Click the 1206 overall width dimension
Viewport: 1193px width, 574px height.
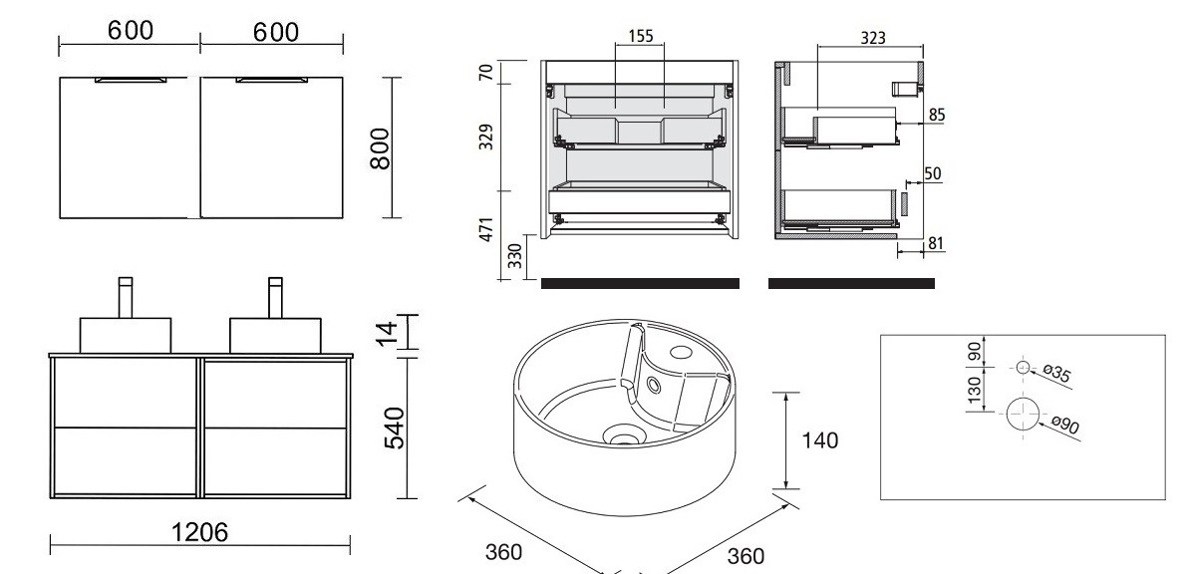[200, 532]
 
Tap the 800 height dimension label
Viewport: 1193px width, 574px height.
[380, 149]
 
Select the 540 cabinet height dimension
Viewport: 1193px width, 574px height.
[394, 429]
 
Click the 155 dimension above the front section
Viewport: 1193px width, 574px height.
[641, 36]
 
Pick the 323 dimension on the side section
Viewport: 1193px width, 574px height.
[873, 37]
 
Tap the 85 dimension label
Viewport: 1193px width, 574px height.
[937, 115]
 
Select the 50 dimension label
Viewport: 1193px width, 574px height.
[933, 174]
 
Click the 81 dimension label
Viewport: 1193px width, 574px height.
[936, 243]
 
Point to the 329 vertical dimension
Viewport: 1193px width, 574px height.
[487, 137]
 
